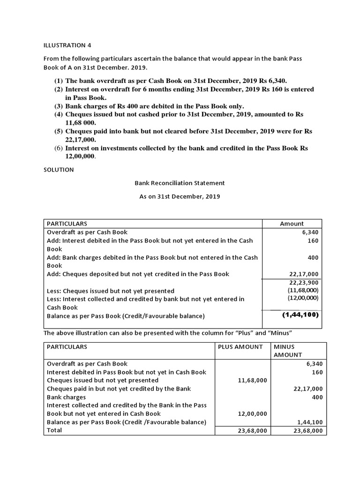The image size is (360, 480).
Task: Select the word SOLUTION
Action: coord(59,170)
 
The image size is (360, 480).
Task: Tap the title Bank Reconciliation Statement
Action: coord(180,183)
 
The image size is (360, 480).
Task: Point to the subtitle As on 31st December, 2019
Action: coord(180,196)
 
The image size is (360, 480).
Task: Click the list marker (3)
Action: coord(59,106)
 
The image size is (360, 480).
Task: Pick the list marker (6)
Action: coord(59,148)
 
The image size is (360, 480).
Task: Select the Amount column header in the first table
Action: coord(292,224)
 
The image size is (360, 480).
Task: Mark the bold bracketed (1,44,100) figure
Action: coord(300,315)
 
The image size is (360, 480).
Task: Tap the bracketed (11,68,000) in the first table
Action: coord(303,290)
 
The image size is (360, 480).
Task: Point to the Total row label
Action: coord(54,430)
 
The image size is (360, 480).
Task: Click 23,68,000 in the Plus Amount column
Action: coord(252,431)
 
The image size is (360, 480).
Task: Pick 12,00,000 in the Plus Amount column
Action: coord(252,414)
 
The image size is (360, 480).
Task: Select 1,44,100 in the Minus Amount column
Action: coord(308,422)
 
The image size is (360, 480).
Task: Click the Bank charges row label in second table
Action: coord(66,397)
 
